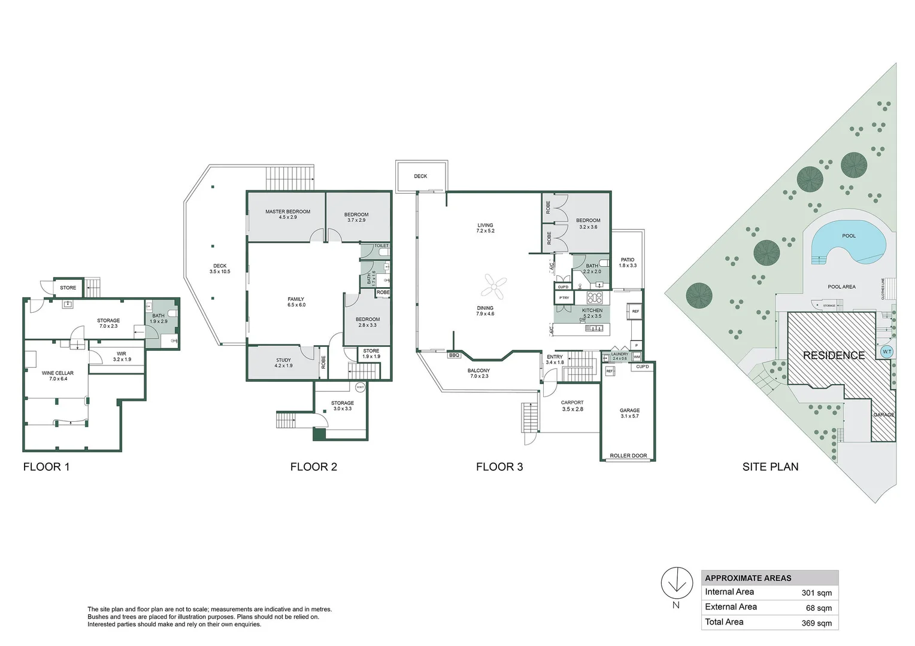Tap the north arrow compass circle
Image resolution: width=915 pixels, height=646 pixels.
(x=676, y=581)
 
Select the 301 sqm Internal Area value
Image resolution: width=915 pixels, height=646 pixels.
(x=816, y=593)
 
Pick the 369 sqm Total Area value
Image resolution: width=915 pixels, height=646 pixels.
(x=816, y=623)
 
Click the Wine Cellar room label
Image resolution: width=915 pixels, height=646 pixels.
(x=58, y=373)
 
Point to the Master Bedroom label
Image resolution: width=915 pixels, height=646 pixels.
(x=287, y=212)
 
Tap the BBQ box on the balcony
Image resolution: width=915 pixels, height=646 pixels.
(x=454, y=355)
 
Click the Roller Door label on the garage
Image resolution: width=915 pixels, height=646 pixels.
(x=628, y=456)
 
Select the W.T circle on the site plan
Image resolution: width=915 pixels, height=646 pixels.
(x=887, y=352)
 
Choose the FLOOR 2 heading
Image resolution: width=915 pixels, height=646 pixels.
(x=313, y=467)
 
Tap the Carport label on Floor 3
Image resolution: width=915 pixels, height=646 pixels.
(x=572, y=403)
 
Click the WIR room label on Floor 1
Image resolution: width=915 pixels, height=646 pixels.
(x=122, y=354)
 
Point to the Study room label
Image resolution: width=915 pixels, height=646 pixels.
(x=283, y=361)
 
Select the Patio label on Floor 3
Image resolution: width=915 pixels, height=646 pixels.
(x=628, y=260)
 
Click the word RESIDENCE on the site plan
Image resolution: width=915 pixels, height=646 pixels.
(x=834, y=355)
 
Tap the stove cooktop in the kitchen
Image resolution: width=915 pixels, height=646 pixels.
(x=594, y=297)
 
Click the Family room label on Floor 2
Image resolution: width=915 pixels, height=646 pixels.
(x=296, y=299)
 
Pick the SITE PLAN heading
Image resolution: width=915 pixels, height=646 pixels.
(x=770, y=467)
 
